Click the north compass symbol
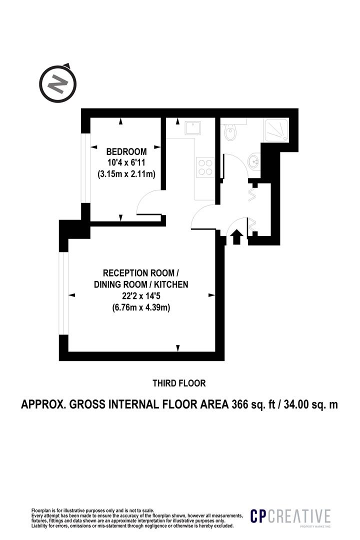pyautogui.click(x=57, y=83)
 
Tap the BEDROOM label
pyautogui.click(x=126, y=151)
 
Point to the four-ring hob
pyautogui.click(x=205, y=167)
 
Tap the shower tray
pyautogui.click(x=276, y=129)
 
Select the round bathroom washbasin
pyautogui.click(x=254, y=160)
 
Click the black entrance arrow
pyautogui.click(x=236, y=237)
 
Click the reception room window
pyautogui.click(x=63, y=293)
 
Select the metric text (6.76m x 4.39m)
pyautogui.click(x=141, y=307)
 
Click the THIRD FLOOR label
pyautogui.click(x=179, y=383)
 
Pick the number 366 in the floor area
pyautogui.click(x=240, y=404)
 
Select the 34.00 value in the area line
pyautogui.click(x=299, y=404)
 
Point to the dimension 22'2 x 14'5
pyautogui.click(x=141, y=296)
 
